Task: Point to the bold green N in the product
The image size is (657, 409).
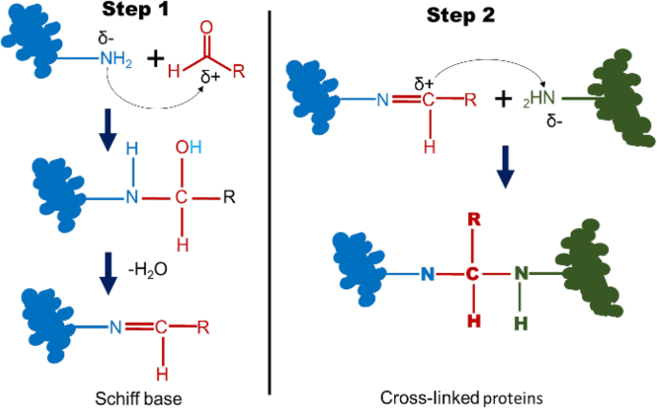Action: click(522, 273)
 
